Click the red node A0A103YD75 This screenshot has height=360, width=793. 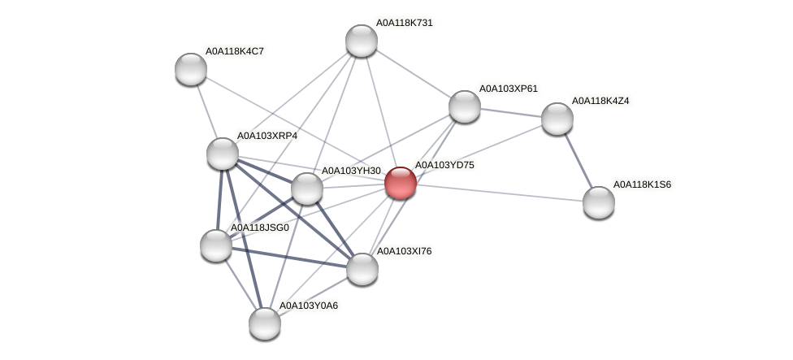401,183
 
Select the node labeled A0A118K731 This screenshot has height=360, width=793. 362,41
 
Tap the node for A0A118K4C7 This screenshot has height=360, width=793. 191,69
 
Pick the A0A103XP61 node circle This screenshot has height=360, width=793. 465,106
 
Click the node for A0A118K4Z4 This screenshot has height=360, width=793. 557,119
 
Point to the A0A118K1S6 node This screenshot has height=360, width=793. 599,202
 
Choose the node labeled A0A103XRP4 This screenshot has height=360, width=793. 223,154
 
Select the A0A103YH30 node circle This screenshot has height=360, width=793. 307,189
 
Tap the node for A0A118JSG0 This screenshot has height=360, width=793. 216,245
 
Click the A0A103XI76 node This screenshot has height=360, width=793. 362,269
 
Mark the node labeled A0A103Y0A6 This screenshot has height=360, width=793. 265,323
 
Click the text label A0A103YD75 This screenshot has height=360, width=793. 444,165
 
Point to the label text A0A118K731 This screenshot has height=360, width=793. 404,23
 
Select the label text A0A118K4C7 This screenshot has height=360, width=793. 234,51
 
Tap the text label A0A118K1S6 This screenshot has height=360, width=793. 642,184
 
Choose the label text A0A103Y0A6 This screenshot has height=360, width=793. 309,306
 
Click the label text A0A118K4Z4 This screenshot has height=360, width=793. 600,101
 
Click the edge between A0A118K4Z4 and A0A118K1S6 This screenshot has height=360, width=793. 578,160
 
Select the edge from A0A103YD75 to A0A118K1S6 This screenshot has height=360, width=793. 500,193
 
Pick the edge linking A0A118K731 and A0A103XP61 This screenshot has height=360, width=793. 413,73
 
